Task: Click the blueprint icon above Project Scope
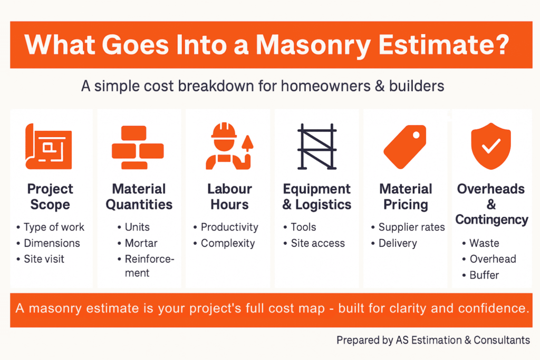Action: tap(49, 147)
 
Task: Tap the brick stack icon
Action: tap(138, 147)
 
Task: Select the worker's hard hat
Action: tap(224, 131)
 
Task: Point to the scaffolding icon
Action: tap(317, 147)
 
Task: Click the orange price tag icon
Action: tap(405, 147)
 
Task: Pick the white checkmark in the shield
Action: tap(491, 145)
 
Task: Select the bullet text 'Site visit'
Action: tap(44, 259)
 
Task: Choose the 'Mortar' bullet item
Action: tap(141, 243)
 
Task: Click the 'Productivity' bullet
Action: tap(229, 227)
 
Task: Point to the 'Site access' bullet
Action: tap(318, 243)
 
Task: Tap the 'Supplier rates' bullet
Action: tap(411, 227)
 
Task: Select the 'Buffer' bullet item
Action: tap(484, 275)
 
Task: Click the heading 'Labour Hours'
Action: tap(230, 197)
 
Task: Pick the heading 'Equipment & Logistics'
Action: tap(317, 197)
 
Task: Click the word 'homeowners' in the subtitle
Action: tap(326, 86)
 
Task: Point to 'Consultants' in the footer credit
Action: tap(502, 340)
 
